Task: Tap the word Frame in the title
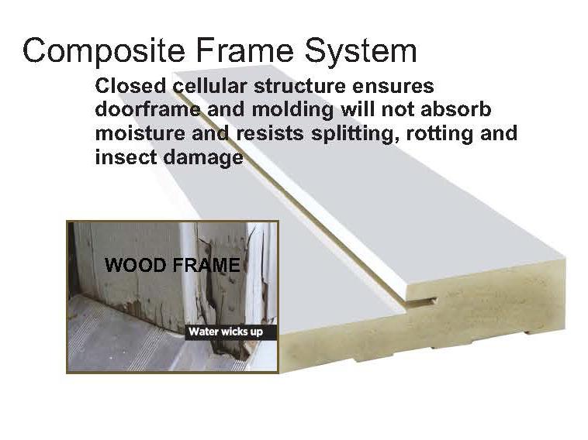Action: tap(232, 51)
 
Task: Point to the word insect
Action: tap(119, 157)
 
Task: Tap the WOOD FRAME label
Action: tap(172, 266)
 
